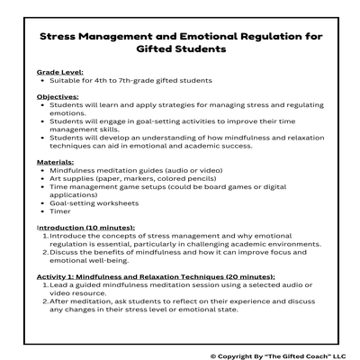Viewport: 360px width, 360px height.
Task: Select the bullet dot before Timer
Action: click(43, 212)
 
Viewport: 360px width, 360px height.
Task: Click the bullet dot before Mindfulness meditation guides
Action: click(43, 168)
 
